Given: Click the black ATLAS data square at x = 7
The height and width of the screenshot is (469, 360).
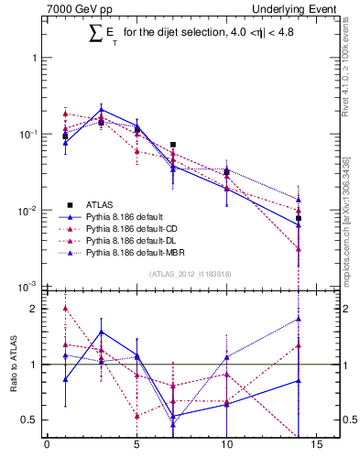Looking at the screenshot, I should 172,145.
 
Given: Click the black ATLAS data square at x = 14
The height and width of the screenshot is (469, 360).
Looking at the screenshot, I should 299,218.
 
